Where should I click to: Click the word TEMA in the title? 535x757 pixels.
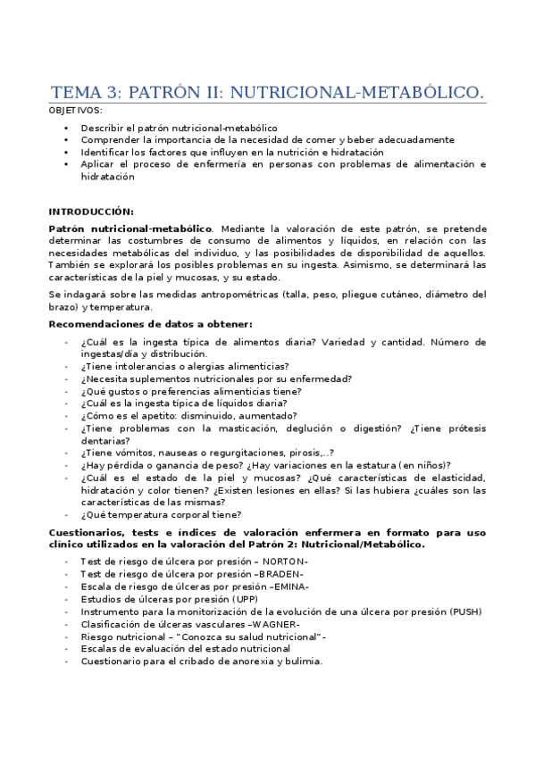pyautogui.click(x=75, y=92)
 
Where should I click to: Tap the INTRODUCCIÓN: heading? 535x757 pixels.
pyautogui.click(x=90, y=212)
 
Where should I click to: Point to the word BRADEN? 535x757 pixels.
pyautogui.click(x=280, y=573)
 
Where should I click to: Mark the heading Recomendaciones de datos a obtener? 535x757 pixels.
pyautogui.click(x=150, y=323)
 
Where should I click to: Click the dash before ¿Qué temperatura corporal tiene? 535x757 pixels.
pyautogui.click(x=67, y=515)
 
